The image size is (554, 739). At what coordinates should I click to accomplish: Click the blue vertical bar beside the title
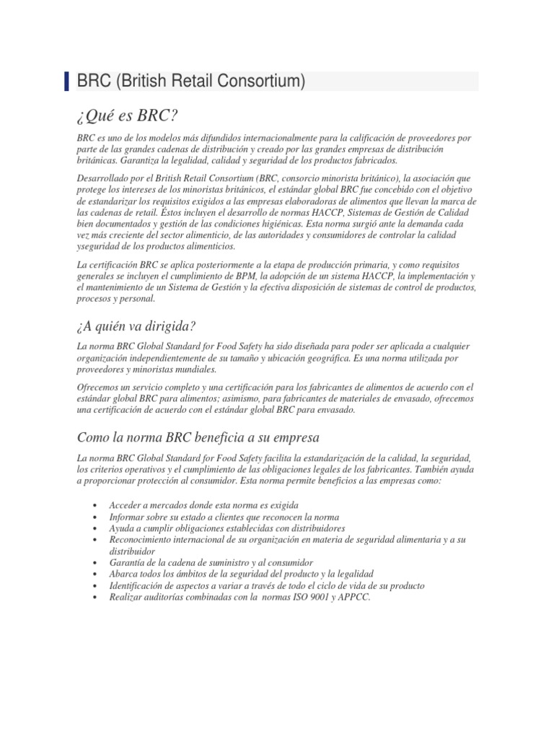tap(68, 82)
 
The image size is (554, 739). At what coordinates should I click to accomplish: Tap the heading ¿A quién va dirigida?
tap(136, 327)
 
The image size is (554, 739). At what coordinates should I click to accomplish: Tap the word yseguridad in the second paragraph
tap(99, 247)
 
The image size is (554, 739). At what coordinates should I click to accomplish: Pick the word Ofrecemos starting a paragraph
tap(102, 388)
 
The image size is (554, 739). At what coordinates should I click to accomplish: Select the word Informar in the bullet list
tap(128, 517)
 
